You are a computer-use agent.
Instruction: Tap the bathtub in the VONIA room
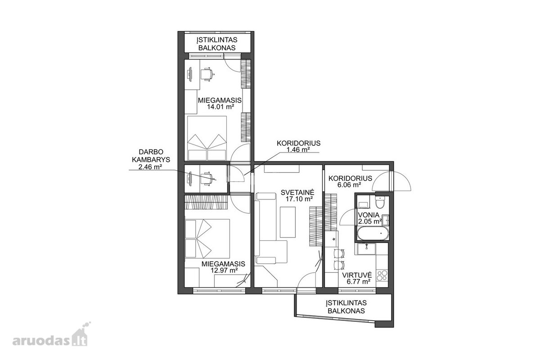coord(373,233)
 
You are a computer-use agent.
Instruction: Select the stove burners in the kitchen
coord(382,275)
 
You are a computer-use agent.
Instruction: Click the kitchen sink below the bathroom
coord(366,249)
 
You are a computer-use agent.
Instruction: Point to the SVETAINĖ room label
coord(297,193)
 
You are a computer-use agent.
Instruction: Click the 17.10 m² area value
coord(299,199)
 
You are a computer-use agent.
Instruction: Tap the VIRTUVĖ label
coord(357,275)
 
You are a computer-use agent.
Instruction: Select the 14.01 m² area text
coord(220,107)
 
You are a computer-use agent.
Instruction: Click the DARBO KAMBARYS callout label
coord(151,156)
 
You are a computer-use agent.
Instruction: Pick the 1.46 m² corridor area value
coord(298,149)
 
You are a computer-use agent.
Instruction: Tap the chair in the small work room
coord(208,179)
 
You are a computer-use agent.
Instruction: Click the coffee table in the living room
coord(288,222)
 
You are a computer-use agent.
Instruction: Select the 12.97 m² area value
coord(224,270)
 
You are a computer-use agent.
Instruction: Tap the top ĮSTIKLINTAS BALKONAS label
coord(217,44)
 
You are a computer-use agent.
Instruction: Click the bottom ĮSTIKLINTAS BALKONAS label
coord(346,307)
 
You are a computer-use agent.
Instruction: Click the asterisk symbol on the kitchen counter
coord(334,239)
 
